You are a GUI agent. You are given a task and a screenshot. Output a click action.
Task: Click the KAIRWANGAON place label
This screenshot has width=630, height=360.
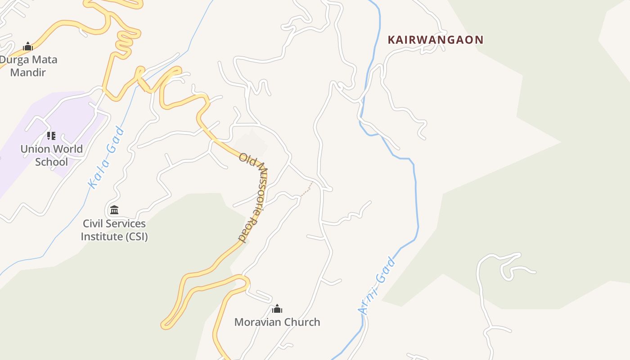tap(435, 40)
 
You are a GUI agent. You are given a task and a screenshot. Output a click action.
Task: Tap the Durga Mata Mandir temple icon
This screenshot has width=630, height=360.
tap(28, 46)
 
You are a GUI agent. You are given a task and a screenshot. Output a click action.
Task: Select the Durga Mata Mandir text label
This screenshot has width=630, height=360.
tap(28, 66)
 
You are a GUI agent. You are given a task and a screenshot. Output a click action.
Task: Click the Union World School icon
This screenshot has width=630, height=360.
tap(51, 135)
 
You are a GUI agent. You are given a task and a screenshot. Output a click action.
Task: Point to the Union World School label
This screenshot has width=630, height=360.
tap(51, 155)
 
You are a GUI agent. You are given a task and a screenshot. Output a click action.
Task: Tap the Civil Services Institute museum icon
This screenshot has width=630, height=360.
tap(114, 210)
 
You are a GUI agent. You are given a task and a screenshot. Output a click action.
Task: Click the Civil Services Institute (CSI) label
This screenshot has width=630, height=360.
tap(114, 230)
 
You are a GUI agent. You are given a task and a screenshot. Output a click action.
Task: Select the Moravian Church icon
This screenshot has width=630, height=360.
tap(277, 309)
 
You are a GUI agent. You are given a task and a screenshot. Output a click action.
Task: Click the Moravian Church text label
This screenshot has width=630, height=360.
tap(277, 322)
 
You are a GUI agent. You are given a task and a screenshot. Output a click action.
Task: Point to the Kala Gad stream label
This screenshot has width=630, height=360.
tap(107, 157)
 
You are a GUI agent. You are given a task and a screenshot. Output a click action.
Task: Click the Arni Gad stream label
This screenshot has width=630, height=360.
tap(377, 285)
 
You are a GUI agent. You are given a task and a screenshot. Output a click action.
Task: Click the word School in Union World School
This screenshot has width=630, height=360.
tap(51, 162)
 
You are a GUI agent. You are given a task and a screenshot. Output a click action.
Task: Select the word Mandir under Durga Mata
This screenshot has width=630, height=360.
tap(28, 72)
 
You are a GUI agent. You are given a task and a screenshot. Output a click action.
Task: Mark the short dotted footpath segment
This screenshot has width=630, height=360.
tap(306, 189)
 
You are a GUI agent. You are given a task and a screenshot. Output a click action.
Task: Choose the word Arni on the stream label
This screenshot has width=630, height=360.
tap(368, 301)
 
